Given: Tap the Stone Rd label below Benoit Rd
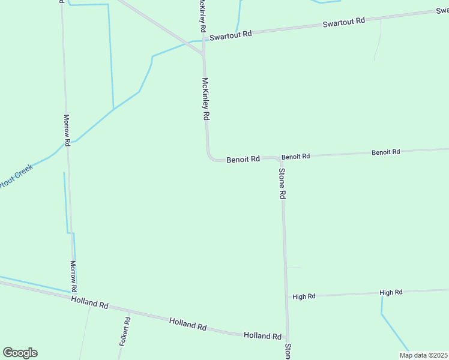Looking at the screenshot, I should pyautogui.click(x=282, y=184).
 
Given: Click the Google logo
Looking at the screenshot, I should pyautogui.click(x=20, y=353).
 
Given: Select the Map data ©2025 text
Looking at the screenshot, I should pyautogui.click(x=423, y=355).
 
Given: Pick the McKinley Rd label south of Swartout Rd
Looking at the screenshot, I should pyautogui.click(x=205, y=97).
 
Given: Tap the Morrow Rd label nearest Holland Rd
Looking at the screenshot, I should pyautogui.click(x=73, y=272).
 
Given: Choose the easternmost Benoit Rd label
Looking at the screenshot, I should pyautogui.click(x=385, y=152).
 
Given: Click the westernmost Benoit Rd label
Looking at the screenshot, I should pyautogui.click(x=243, y=160).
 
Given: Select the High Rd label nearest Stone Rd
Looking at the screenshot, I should pyautogui.click(x=304, y=296).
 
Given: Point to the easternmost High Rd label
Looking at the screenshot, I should pyautogui.click(x=391, y=292).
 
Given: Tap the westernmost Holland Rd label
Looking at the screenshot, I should pyautogui.click(x=89, y=302).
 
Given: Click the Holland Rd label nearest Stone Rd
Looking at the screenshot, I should pyautogui.click(x=262, y=336).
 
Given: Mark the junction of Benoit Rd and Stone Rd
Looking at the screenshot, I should pyautogui.click(x=280, y=159).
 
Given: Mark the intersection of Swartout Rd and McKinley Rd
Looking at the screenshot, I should pyautogui.click(x=204, y=40).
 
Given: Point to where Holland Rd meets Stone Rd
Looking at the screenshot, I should pyautogui.click(x=287, y=337).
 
